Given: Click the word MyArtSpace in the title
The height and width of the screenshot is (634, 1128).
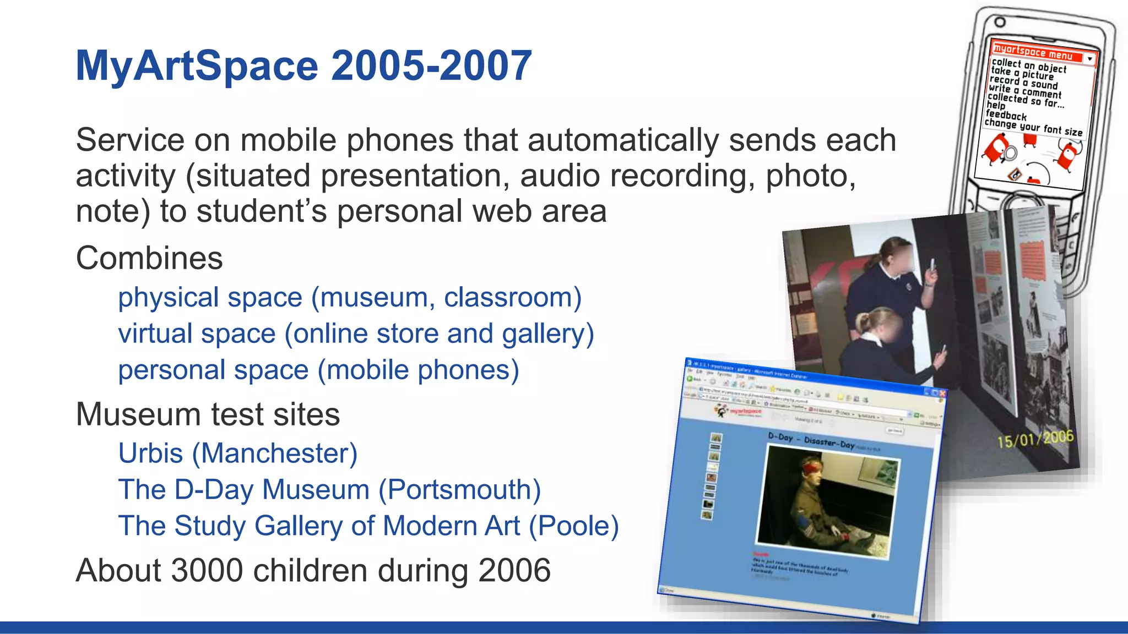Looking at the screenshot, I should [197, 66].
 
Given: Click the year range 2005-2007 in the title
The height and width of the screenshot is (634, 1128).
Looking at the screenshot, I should [431, 66].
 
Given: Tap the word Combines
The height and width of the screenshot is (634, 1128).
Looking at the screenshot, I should [149, 258].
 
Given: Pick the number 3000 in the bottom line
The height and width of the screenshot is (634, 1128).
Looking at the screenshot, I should [207, 570].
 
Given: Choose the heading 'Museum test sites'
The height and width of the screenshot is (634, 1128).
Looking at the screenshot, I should [208, 414].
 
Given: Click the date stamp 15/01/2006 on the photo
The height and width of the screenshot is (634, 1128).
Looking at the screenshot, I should [1035, 439].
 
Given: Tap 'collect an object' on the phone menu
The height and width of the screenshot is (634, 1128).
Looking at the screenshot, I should [1028, 65].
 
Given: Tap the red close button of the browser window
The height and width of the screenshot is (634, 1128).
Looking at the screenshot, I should [942, 394].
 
